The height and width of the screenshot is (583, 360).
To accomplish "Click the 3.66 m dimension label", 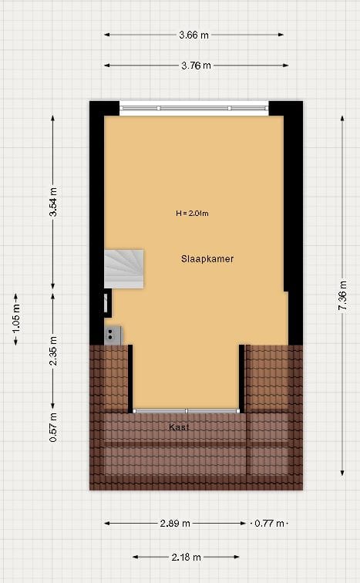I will [194, 35].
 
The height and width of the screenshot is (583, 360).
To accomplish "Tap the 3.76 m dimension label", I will [196, 66].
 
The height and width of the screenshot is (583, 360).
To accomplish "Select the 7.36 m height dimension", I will [341, 296].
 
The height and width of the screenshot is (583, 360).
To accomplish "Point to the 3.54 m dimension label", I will [53, 202].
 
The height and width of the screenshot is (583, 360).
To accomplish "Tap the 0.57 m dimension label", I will [53, 427].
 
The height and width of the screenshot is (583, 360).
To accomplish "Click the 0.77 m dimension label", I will [269, 523].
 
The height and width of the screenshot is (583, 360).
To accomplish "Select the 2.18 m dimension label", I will [186, 557].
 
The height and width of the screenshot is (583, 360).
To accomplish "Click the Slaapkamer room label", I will [207, 259].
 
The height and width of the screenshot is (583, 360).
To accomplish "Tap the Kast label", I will [179, 426].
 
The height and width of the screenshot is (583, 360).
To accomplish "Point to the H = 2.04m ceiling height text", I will [193, 214].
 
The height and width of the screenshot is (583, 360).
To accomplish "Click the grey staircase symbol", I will [124, 268].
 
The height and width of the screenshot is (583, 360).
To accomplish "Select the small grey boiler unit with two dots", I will [113, 335].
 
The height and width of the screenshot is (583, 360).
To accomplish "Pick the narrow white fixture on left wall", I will [106, 302].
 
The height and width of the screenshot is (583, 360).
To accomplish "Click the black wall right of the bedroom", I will [291, 201].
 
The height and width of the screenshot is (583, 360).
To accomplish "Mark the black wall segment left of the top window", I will [104, 107].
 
